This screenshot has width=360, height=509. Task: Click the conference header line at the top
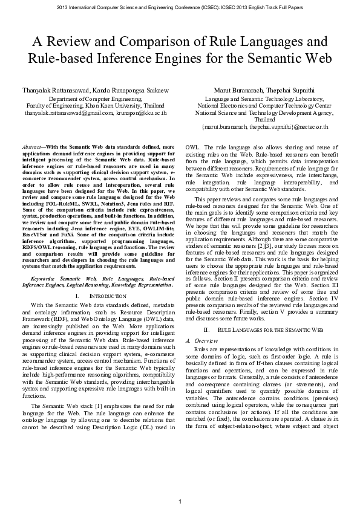180,7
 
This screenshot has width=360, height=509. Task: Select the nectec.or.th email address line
264,128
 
